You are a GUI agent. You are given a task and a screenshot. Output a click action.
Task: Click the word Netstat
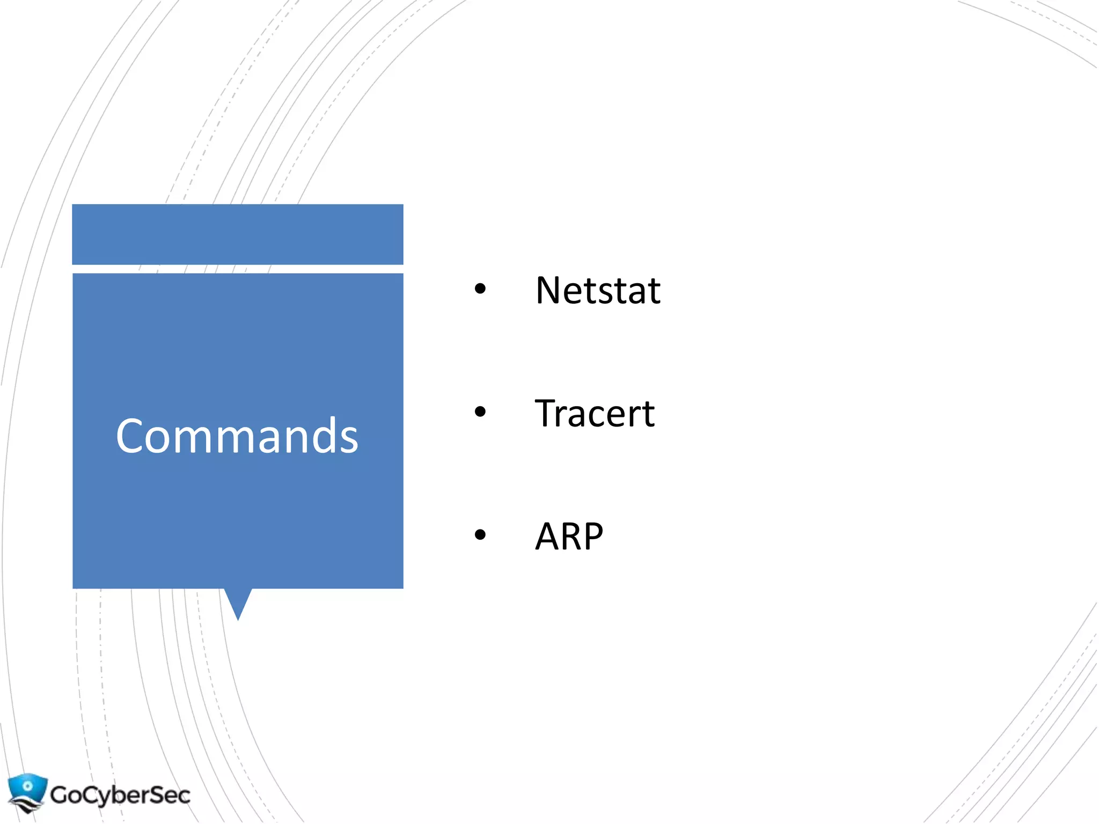tap(597, 291)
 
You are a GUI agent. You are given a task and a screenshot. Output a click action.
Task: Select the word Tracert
tap(595, 414)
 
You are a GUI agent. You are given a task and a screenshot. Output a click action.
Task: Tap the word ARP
tap(569, 536)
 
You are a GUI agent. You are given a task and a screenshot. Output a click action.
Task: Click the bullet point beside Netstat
tap(480, 289)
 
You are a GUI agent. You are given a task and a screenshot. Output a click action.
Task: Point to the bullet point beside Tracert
tap(480, 412)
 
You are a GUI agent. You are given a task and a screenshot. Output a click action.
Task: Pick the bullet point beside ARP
tap(480, 534)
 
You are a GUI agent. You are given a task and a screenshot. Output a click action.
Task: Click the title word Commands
tap(237, 436)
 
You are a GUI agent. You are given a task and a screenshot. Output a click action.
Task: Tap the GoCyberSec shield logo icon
tap(27, 792)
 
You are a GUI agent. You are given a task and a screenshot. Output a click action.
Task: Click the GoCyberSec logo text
tap(120, 794)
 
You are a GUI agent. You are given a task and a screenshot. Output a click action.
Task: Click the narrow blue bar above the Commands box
tap(238, 234)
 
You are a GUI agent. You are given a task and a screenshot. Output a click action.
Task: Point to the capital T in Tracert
tap(546, 414)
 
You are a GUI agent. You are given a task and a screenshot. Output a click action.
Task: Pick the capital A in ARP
tap(547, 536)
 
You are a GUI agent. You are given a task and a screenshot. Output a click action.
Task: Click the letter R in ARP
tap(571, 536)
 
